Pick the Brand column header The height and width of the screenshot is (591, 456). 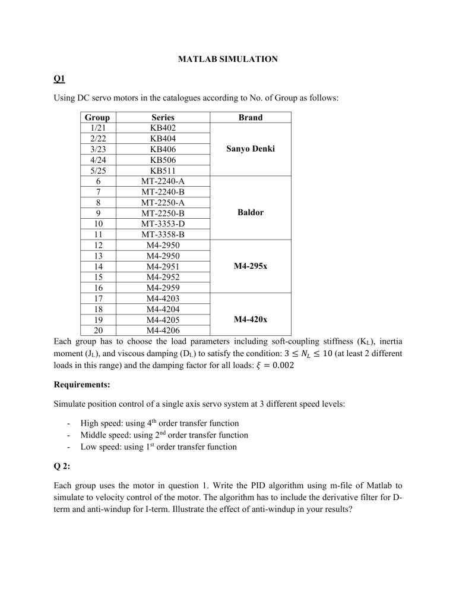tap(250, 118)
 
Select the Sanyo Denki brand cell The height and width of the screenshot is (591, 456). tap(250, 149)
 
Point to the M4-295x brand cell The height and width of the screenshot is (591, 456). tap(250, 266)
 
